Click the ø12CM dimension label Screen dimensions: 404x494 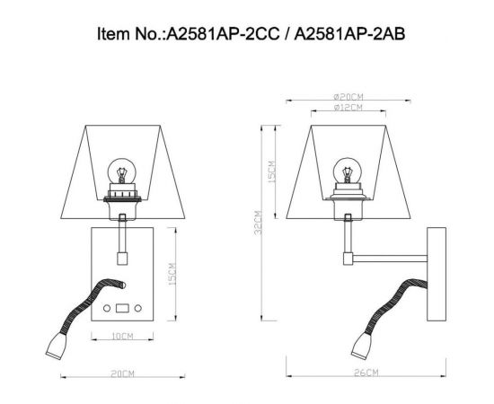346,109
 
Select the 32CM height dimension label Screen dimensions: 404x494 259,222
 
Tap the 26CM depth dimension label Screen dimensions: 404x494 366,373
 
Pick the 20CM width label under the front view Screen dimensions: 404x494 123,373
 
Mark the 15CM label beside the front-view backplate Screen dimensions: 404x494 170,275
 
